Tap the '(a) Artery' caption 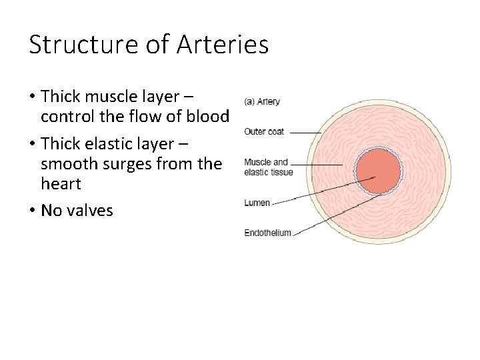pyautogui.click(x=263, y=102)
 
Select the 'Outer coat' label pyautogui.click(x=265, y=131)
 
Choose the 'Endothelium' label pyautogui.click(x=268, y=232)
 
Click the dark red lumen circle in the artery pyautogui.click(x=378, y=172)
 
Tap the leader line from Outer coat pyautogui.click(x=305, y=133)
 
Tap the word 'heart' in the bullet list pyautogui.click(x=61, y=184)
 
